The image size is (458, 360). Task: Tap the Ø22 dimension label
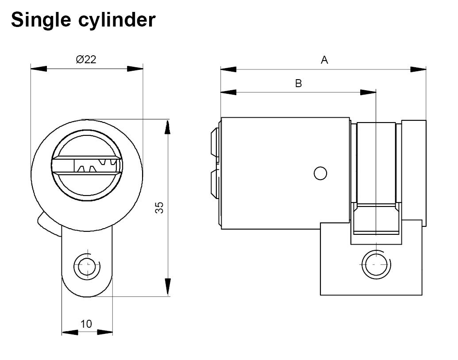86,60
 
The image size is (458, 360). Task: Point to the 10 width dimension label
87,324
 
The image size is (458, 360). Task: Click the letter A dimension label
324,60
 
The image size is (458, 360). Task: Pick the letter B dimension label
299,83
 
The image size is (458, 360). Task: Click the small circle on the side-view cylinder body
320,173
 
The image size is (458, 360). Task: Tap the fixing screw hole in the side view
375,264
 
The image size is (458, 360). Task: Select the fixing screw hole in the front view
87,266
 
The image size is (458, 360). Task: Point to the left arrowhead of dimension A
228,69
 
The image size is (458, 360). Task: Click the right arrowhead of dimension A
419,69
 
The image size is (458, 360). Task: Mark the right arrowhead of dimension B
368,92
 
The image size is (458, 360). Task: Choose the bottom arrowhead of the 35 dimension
167,287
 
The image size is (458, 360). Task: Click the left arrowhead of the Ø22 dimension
38,69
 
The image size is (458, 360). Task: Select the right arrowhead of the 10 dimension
105,332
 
